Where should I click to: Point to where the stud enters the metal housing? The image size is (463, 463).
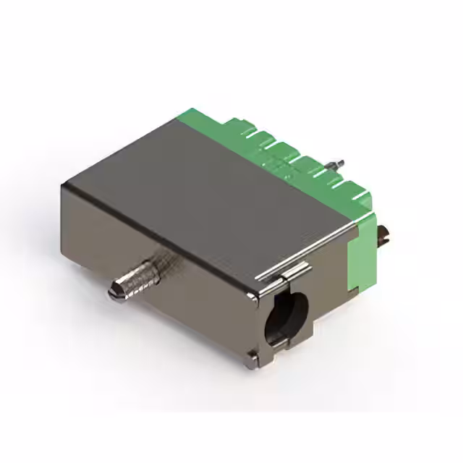click(161, 260)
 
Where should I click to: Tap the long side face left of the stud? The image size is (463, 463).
click(94, 231)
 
